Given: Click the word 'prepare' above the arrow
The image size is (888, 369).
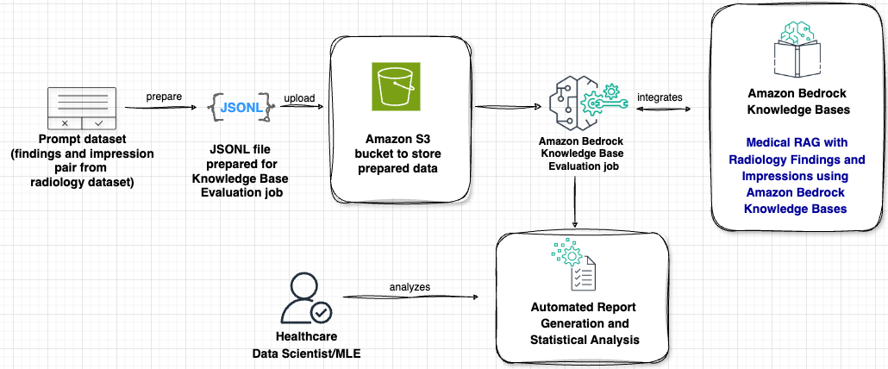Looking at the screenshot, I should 164,97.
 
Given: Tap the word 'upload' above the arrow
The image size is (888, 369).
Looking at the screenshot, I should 299,97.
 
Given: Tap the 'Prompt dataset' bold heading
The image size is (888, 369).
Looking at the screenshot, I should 82,141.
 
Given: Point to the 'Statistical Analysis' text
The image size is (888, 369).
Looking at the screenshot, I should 585,340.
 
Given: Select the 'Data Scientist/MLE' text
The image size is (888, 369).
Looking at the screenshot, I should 305,353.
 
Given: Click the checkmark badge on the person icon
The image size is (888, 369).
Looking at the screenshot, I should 321,310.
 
